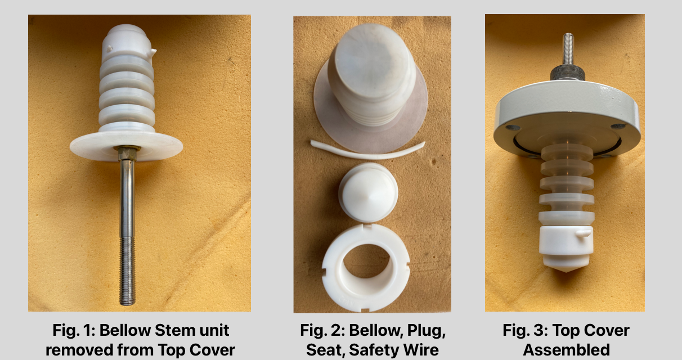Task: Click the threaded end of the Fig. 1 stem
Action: click(127, 270)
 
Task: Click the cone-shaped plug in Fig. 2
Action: click(368, 192)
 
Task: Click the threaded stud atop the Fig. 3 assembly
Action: click(568, 49)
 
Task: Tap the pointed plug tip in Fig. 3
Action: click(566, 267)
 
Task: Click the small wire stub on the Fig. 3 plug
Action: click(584, 233)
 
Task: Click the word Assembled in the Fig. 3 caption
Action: click(566, 350)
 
